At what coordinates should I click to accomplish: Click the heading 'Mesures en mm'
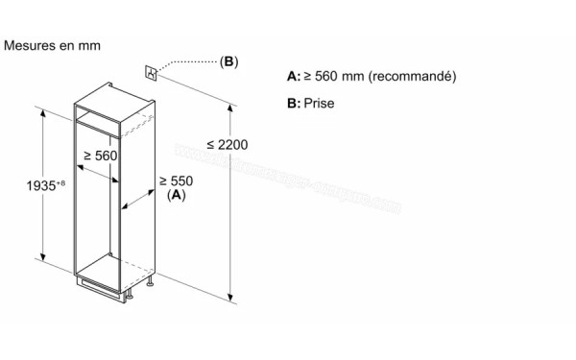[x=53, y=45]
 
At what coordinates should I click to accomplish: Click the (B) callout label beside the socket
[x=228, y=62]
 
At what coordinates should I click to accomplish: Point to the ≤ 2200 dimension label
[x=227, y=145]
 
